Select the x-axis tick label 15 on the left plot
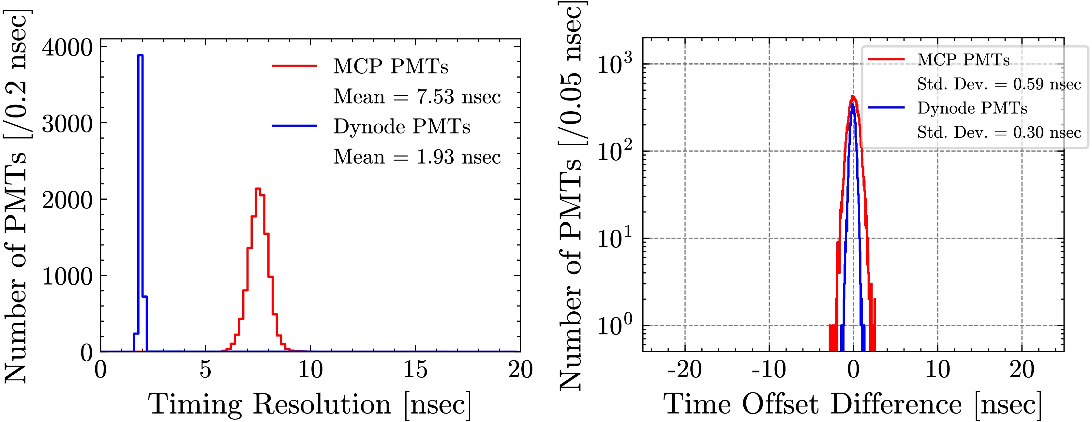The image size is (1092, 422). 415,370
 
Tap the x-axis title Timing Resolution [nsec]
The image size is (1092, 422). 309,404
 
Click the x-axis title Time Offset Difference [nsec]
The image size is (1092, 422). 852,404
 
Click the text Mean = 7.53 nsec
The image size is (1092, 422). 417,97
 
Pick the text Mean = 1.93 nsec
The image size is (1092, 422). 417,157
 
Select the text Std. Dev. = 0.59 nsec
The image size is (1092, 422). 999,84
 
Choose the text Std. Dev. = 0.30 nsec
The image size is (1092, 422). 999,133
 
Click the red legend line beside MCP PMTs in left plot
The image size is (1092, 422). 295,66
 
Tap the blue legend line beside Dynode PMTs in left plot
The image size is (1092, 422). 295,126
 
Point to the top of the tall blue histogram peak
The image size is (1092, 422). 140,55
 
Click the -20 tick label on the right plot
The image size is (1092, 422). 684,370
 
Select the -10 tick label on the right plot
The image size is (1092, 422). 769,370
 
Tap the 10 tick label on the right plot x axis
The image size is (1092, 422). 937,370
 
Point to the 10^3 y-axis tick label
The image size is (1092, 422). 615,65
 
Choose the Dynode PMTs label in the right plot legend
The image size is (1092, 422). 972,108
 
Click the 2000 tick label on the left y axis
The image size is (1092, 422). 67,200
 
